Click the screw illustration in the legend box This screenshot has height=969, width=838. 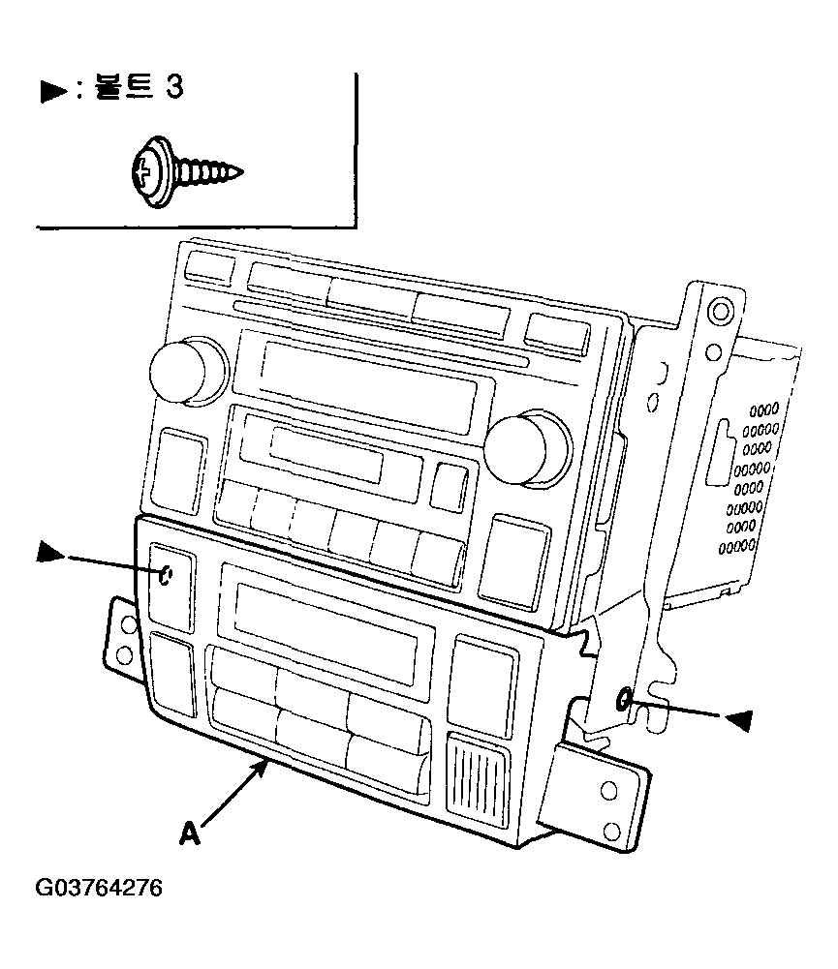point(187,172)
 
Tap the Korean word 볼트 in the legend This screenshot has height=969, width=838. point(123,86)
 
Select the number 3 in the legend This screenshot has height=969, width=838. point(174,86)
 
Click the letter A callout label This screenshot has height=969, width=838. point(190,833)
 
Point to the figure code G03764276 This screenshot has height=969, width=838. point(99,888)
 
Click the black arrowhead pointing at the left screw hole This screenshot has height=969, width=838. point(50,552)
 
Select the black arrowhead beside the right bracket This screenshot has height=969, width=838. point(738,720)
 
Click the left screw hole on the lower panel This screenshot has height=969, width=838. point(165,576)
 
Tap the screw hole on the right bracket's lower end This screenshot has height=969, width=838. point(624,699)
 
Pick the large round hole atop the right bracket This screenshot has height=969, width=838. point(721,310)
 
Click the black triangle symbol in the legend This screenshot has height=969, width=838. point(54,91)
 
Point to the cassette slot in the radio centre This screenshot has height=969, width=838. point(326,455)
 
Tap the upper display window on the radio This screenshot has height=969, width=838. point(369,387)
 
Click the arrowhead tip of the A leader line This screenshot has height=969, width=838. point(267,762)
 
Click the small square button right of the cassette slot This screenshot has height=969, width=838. point(450,486)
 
